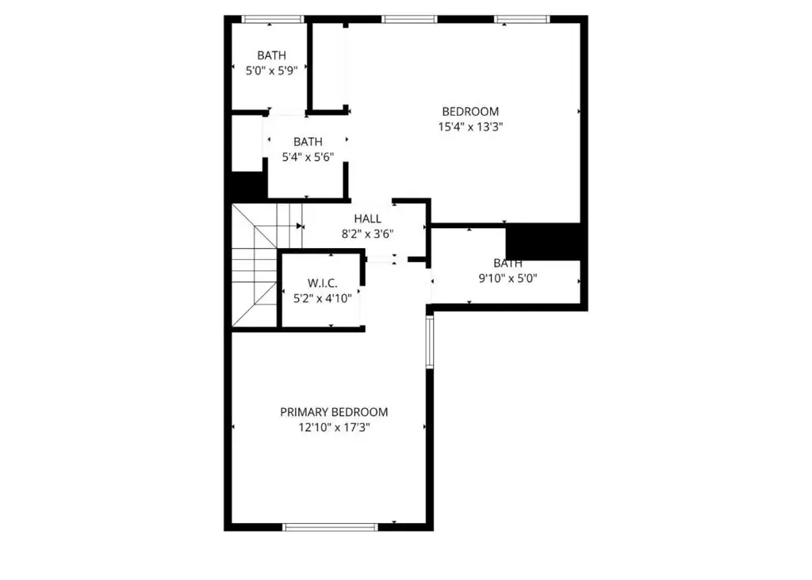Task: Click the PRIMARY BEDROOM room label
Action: pyautogui.click(x=334, y=412)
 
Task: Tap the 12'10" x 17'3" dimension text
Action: pyautogui.click(x=334, y=427)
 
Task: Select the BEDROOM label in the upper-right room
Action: pyautogui.click(x=470, y=111)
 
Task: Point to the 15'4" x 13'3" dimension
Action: pyautogui.click(x=470, y=127)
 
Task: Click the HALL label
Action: pyautogui.click(x=368, y=219)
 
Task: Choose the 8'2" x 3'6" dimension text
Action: pyautogui.click(x=368, y=234)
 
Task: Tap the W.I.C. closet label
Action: pyautogui.click(x=323, y=283)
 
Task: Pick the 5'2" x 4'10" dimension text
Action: pyautogui.click(x=323, y=299)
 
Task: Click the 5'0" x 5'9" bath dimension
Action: pyautogui.click(x=271, y=71)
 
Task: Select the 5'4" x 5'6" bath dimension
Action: pyautogui.click(x=308, y=157)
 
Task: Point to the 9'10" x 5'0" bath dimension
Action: pyautogui.click(x=507, y=278)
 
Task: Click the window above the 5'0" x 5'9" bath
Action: pyautogui.click(x=273, y=20)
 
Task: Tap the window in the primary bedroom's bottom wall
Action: pyautogui.click(x=331, y=527)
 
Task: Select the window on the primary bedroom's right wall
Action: pyautogui.click(x=429, y=342)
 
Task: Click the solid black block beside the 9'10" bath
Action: pyautogui.click(x=542, y=242)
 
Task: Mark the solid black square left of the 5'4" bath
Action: pyautogui.click(x=247, y=186)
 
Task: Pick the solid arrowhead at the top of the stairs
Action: pyautogui.click(x=299, y=226)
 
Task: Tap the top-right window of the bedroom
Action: pyautogui.click(x=522, y=20)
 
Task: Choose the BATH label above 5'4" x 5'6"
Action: pyautogui.click(x=308, y=141)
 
